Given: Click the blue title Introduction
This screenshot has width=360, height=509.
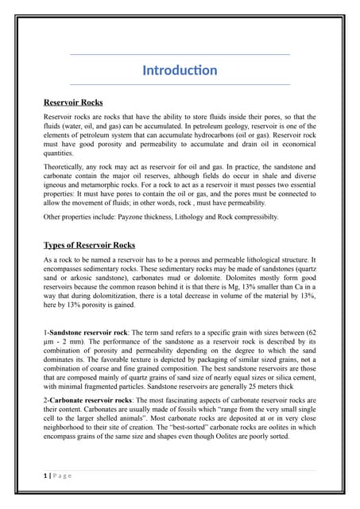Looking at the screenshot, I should [180, 71].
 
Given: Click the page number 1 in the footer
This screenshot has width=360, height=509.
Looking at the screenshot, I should [45, 475].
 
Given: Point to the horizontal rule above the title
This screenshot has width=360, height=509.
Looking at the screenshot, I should [180, 54].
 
